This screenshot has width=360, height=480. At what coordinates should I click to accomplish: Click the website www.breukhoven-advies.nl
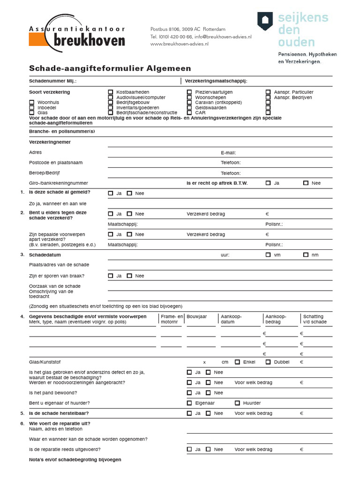[180, 44]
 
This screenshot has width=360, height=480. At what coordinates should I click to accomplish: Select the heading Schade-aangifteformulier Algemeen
[110, 68]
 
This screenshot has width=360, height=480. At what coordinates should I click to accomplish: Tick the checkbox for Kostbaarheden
[111, 92]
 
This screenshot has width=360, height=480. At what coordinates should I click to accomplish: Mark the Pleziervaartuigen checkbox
[189, 92]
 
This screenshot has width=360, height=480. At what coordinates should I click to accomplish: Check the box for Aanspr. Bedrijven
[268, 97]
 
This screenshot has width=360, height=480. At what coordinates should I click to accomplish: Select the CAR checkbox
[189, 113]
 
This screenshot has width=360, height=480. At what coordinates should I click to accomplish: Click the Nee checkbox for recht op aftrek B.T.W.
[306, 183]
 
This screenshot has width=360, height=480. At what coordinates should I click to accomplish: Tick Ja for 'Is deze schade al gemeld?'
[111, 193]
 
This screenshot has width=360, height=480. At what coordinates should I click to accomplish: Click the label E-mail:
[228, 153]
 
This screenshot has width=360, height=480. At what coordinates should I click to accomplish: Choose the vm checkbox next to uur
[268, 255]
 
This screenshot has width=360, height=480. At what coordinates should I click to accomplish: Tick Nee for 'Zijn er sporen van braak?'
[129, 276]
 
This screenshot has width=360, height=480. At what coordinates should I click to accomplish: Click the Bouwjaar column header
[197, 317]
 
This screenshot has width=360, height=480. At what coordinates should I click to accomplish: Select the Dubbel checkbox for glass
[268, 362]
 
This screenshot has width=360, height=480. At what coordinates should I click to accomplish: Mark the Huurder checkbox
[237, 403]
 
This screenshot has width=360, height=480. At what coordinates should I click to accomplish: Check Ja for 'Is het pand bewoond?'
[189, 393]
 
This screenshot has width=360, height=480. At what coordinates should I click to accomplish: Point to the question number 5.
[22, 413]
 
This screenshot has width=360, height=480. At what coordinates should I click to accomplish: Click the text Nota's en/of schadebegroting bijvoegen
[75, 460]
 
